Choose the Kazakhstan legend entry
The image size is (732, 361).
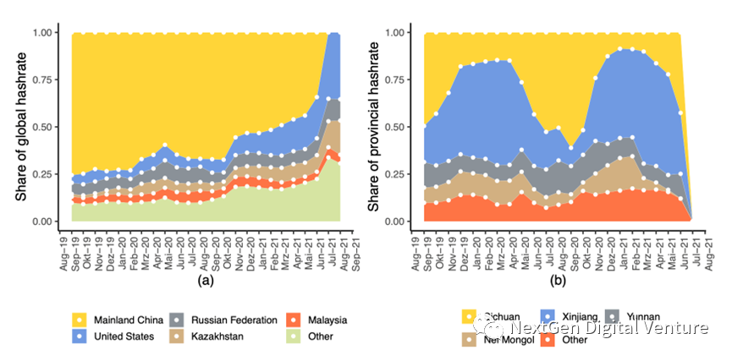point(219,336)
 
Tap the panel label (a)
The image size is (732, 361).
point(204,279)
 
